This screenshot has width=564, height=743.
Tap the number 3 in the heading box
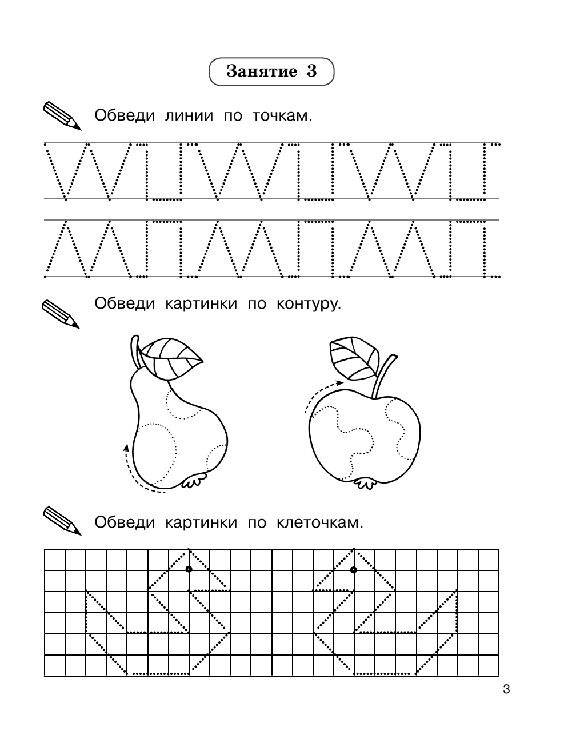(x=311, y=71)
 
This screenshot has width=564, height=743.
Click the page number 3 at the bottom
(x=506, y=689)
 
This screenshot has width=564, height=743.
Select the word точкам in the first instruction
(x=282, y=116)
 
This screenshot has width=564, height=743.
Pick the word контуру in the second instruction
(x=308, y=303)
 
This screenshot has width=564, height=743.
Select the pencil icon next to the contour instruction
(x=61, y=314)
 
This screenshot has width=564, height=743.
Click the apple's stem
(x=382, y=377)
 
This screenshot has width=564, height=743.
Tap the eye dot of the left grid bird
(x=189, y=569)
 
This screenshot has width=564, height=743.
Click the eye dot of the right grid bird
(x=353, y=569)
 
